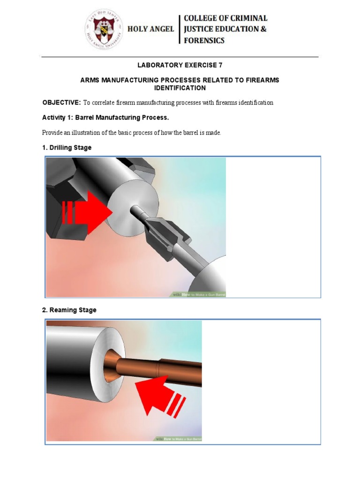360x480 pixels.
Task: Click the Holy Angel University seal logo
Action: [104, 30]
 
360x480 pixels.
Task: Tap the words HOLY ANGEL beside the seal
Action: [151, 29]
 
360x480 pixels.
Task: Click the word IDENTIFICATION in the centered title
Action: [180, 88]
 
